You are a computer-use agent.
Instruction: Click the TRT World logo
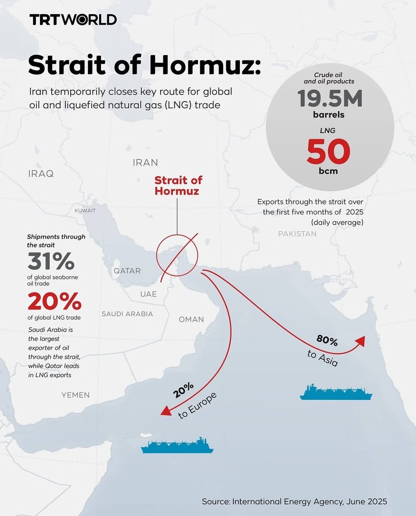pos(73,20)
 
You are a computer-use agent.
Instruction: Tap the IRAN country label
pos(145,163)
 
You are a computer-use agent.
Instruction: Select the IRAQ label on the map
pos(41,174)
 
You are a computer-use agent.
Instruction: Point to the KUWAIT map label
pos(85,211)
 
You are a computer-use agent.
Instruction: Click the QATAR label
pos(127,271)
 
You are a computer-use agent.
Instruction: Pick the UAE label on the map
pos(148,294)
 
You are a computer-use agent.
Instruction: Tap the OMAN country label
pos(191,319)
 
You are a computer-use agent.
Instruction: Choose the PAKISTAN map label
pos(297,234)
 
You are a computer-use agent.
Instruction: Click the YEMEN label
pos(75,395)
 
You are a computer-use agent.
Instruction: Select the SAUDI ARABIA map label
pos(127,314)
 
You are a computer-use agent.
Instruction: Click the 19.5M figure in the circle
pos(329,99)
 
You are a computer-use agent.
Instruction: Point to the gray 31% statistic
pos(51,261)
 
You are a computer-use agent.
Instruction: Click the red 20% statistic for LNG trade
pos(54,302)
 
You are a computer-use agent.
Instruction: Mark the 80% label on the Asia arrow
pos(327,340)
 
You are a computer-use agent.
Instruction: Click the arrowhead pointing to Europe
pos(165,411)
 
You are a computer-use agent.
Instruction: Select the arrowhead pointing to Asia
pos(360,340)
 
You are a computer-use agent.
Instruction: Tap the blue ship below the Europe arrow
pos(177,446)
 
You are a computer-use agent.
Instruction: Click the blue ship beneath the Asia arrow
pos(336,392)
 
